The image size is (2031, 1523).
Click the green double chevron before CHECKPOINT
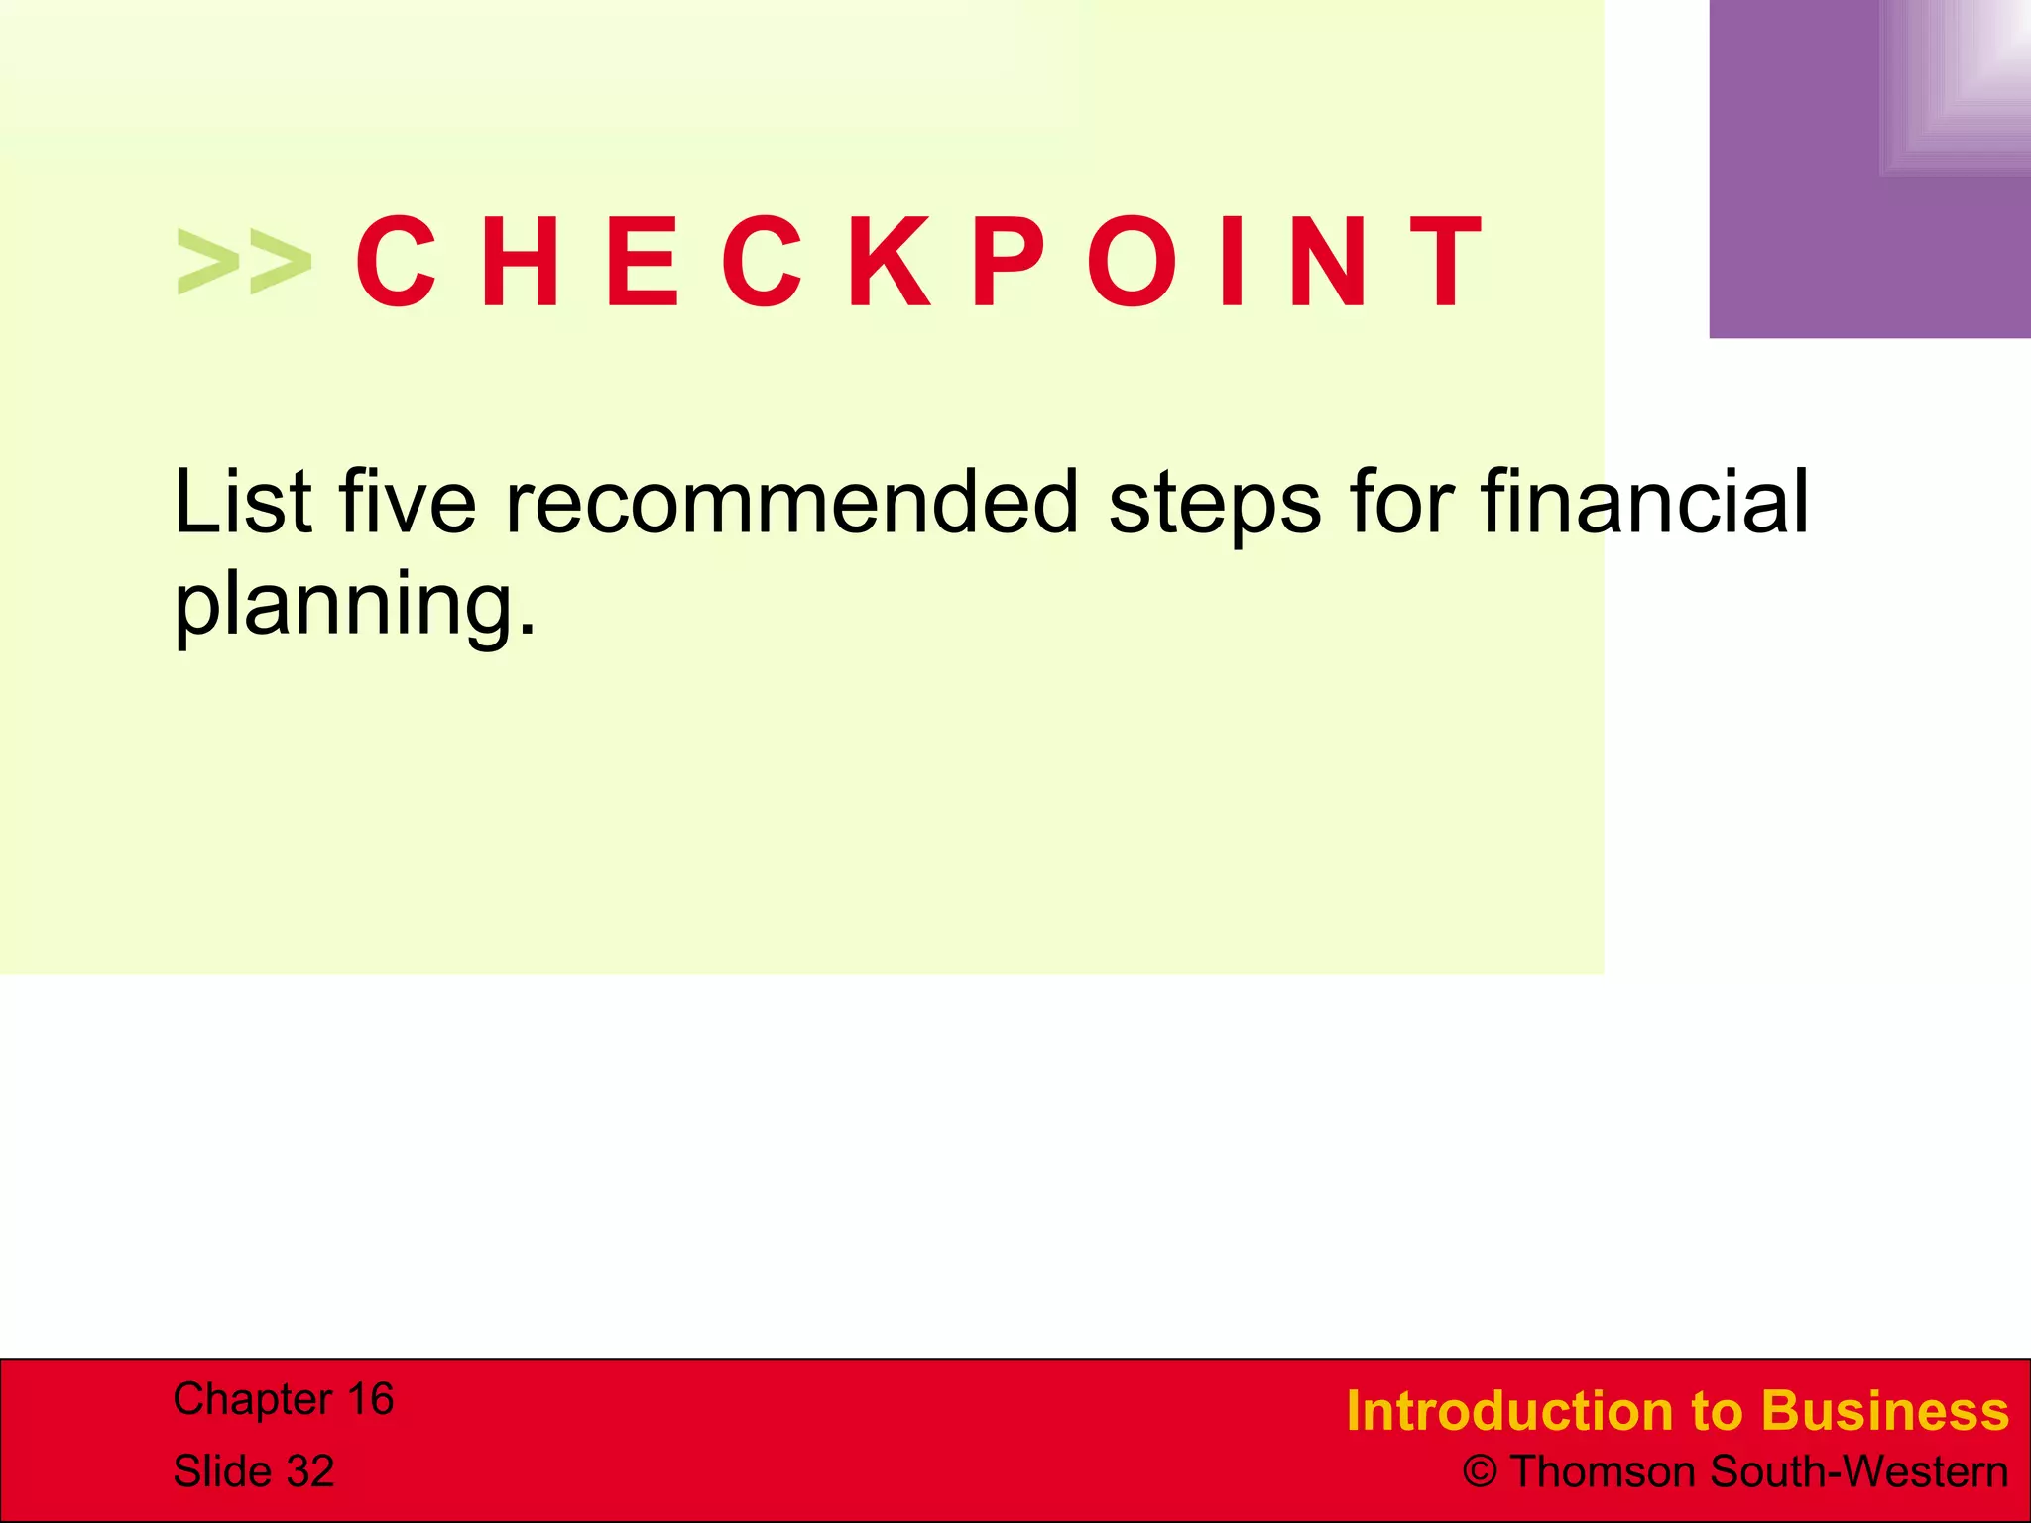[x=244, y=262]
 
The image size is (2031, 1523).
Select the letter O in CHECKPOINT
[x=1134, y=262]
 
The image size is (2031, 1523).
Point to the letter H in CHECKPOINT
[x=520, y=262]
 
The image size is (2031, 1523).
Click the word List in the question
[x=244, y=502]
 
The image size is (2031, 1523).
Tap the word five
[x=409, y=502]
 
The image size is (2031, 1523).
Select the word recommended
[x=791, y=502]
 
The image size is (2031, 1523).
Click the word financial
[x=1645, y=502]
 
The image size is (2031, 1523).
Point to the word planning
[x=354, y=605]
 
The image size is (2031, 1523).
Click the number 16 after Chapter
[x=369, y=1399]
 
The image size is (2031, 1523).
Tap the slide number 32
[x=309, y=1471]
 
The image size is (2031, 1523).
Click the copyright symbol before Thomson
[x=1480, y=1472]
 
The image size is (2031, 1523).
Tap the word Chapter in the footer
[x=252, y=1399]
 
